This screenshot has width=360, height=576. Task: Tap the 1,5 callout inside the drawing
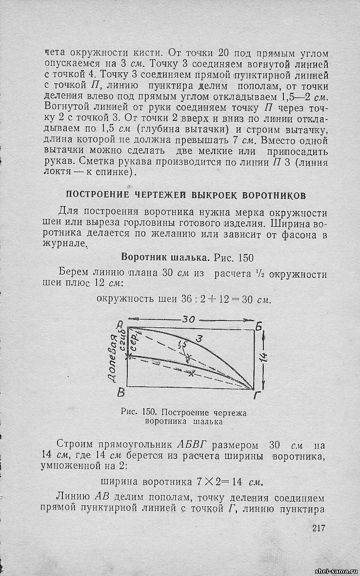pos(182,345)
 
